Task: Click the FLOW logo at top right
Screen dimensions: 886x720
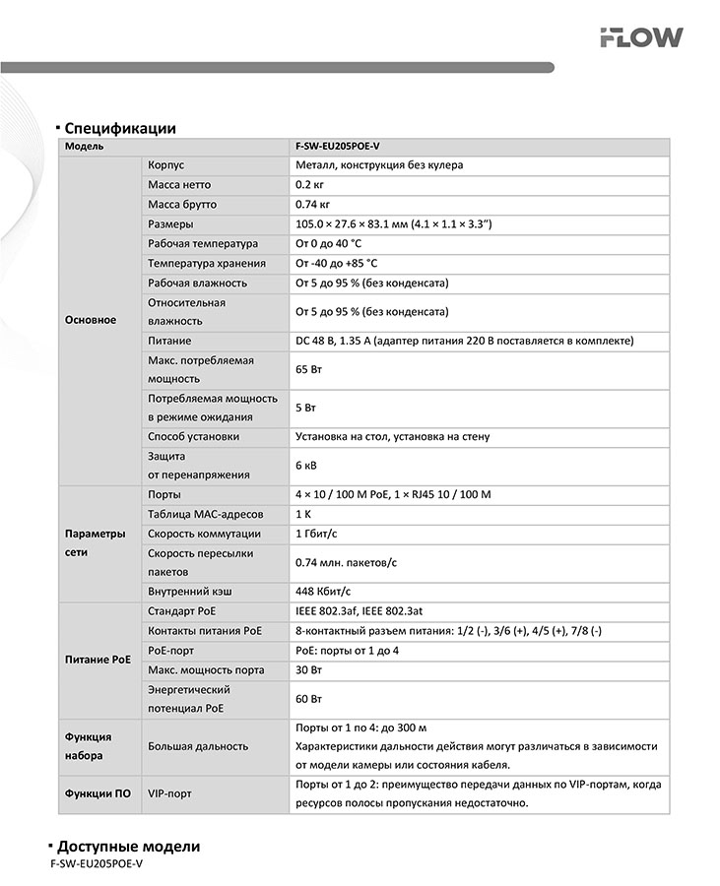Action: [641, 37]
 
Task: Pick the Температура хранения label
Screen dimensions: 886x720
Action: [207, 264]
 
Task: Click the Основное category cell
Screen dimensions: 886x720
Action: [90, 320]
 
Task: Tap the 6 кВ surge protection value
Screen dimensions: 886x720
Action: [306, 466]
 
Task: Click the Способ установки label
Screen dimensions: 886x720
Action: [193, 436]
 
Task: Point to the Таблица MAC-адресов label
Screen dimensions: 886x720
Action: [205, 514]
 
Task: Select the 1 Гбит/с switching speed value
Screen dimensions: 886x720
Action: [318, 534]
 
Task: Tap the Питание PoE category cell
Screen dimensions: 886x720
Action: [98, 660]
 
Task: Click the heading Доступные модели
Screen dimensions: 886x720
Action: [128, 847]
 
